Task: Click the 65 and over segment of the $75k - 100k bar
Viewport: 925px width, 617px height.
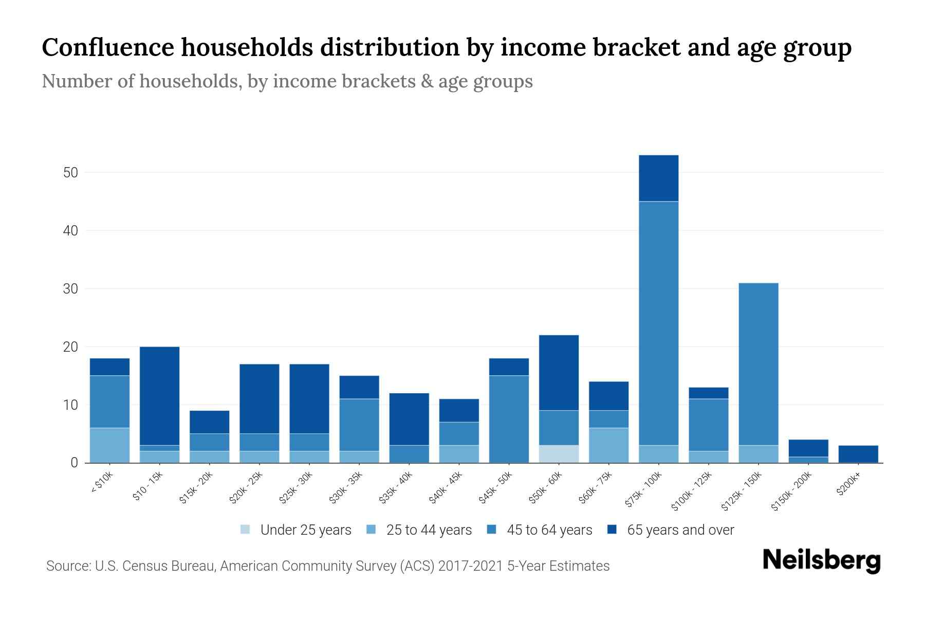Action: point(658,178)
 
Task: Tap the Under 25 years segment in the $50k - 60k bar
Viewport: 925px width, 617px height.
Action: point(559,454)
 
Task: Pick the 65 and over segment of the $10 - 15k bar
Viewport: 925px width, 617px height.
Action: point(159,396)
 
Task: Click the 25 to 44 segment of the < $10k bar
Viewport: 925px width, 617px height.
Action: point(109,445)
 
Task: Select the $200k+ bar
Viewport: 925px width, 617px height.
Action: point(858,454)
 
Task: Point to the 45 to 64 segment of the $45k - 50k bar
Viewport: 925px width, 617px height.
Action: point(509,419)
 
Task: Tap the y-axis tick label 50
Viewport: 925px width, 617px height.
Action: point(70,173)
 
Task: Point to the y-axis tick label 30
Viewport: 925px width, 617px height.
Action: point(70,289)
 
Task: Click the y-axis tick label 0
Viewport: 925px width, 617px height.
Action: point(75,463)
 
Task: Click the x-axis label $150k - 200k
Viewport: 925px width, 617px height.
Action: point(792,492)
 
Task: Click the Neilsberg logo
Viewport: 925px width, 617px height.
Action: point(821,560)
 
